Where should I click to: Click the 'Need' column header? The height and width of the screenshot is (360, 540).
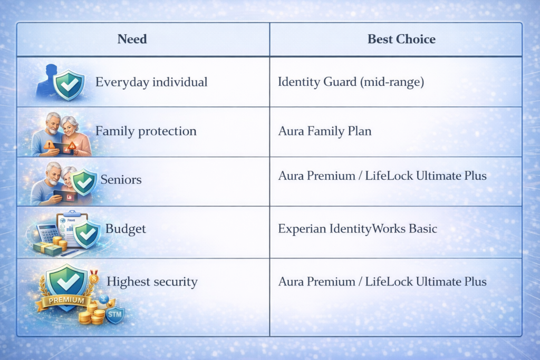pyautogui.click(x=132, y=40)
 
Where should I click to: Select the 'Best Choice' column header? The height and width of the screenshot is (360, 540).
pyautogui.click(x=401, y=40)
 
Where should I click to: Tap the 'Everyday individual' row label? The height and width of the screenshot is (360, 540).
pyautogui.click(x=151, y=82)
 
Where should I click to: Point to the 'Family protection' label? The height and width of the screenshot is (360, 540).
pyautogui.click(x=146, y=131)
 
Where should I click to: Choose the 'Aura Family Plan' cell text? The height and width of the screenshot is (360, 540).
pyautogui.click(x=325, y=131)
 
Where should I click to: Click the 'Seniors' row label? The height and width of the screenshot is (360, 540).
pyautogui.click(x=121, y=180)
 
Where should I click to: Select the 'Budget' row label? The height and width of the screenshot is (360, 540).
pyautogui.click(x=126, y=229)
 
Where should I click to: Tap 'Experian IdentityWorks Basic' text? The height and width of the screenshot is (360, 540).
pyautogui.click(x=358, y=229)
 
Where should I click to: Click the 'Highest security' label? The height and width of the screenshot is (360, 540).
pyautogui.click(x=152, y=282)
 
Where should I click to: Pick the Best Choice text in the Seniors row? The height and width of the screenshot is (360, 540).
pyautogui.click(x=382, y=175)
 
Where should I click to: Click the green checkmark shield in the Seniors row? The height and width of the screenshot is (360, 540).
pyautogui.click(x=83, y=182)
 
